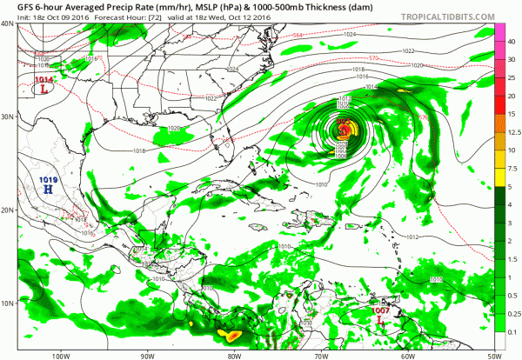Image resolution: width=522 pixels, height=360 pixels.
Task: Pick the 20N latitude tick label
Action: click(x=8, y=210)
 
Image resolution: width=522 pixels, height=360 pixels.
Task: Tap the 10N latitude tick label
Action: click(x=8, y=303)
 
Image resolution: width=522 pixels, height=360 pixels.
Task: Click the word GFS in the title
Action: click(x=16, y=6)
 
